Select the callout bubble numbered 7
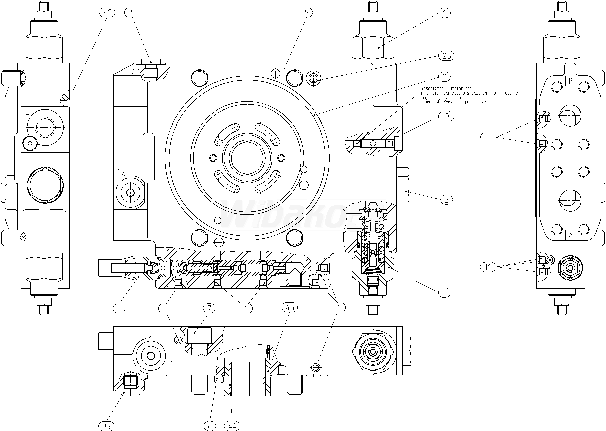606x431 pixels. click(209, 308)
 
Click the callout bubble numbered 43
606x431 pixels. click(290, 307)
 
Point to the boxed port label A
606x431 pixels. click(570, 235)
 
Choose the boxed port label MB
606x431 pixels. click(172, 364)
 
